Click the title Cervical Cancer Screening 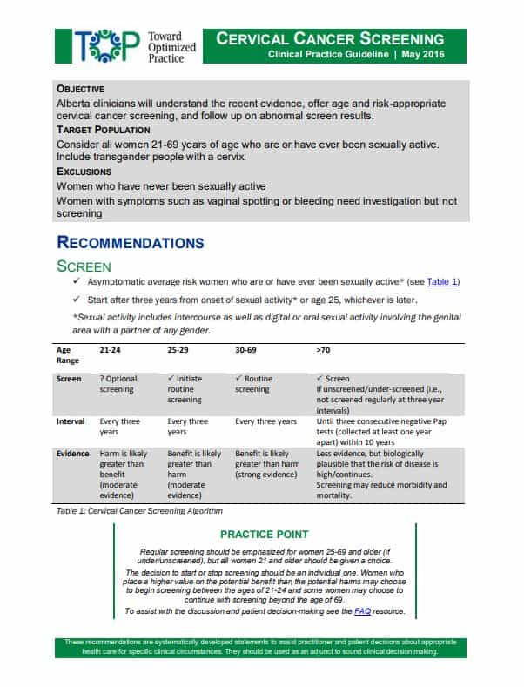330,39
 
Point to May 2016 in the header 424,55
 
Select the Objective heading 81,89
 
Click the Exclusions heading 84,172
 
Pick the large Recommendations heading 131,242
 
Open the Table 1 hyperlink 441,281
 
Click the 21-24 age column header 110,349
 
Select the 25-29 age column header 178,349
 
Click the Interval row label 71,421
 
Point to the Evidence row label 72,454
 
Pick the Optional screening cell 118,384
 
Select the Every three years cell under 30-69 265,421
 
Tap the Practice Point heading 262,534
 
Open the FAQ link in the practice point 362,612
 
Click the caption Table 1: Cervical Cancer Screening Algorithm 139,510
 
